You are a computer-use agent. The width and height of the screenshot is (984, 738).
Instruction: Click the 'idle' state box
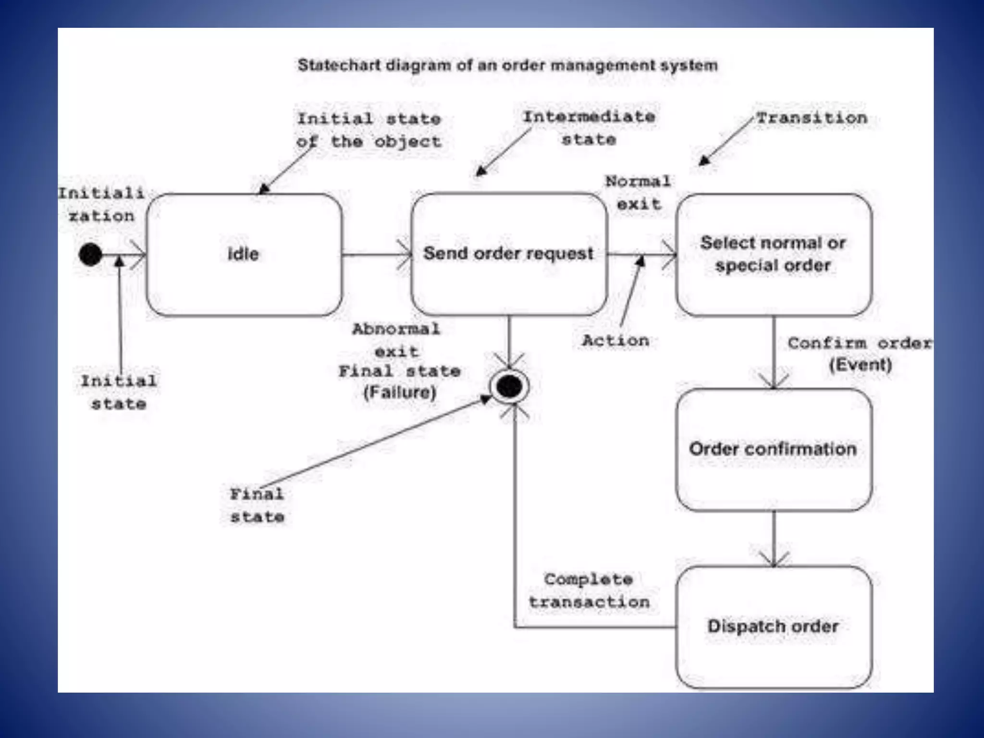[244, 254]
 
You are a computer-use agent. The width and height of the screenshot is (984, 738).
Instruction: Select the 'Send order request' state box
[509, 254]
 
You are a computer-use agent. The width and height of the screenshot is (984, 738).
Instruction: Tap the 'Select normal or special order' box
[774, 254]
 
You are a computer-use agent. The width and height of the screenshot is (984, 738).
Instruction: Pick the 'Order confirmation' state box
[774, 449]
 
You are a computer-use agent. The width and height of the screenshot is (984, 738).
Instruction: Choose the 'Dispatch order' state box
[774, 627]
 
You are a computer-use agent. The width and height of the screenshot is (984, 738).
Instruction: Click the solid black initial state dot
[90, 254]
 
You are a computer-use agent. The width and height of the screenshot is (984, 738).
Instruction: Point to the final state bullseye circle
[509, 386]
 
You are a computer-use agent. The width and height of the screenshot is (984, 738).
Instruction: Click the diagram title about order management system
[507, 65]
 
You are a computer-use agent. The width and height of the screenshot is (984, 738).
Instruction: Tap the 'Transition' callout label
[812, 118]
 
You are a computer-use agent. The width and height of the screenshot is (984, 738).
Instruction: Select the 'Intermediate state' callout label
[589, 128]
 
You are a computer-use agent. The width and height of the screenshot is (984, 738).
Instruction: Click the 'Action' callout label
[615, 341]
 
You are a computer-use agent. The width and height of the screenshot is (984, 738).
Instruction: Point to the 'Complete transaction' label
[589, 590]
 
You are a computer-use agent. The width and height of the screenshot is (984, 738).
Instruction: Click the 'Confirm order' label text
[859, 343]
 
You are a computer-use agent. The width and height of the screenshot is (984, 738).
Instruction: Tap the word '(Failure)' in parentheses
[400, 393]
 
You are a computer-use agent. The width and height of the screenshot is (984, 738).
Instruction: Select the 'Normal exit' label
[638, 193]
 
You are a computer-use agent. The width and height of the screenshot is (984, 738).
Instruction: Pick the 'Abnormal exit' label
[396, 340]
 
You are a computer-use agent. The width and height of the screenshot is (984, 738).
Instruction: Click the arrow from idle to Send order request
[377, 254]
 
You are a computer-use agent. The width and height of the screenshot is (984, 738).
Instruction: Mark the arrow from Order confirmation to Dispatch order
[774, 538]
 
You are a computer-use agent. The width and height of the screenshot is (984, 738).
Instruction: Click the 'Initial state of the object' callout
[369, 130]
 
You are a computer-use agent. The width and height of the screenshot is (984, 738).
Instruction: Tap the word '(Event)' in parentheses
[861, 365]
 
